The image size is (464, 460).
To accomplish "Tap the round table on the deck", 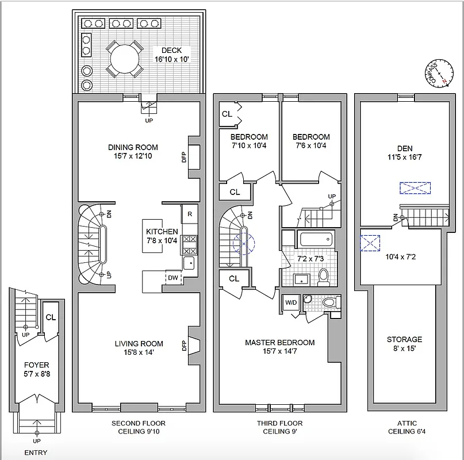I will [x=124, y=59].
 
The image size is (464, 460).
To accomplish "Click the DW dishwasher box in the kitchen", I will [x=173, y=277].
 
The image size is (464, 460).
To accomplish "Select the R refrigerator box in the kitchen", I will [x=190, y=214].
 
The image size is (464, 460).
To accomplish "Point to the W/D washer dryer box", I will [x=290, y=302].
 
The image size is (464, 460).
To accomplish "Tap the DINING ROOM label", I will [x=133, y=147].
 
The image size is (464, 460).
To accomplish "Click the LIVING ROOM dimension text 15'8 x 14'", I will [x=134, y=352].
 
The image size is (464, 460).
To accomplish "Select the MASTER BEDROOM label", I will [x=279, y=343].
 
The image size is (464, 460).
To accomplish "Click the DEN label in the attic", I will [x=404, y=148].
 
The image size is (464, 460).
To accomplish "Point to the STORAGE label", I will [x=404, y=339].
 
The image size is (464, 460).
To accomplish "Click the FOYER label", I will [x=36, y=365].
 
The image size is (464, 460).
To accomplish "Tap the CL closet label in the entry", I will [x=51, y=317].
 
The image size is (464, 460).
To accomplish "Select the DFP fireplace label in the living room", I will [x=185, y=346].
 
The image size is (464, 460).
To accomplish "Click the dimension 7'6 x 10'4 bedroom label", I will [x=311, y=145].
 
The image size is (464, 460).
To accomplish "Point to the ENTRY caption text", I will [x=36, y=453].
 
